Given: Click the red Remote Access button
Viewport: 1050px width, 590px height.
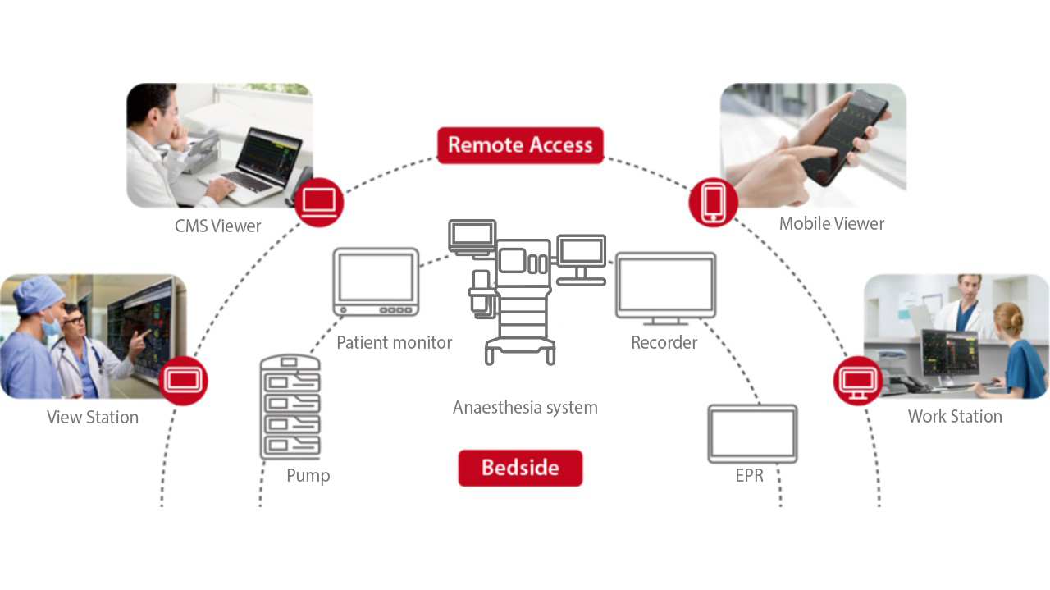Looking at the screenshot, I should [x=520, y=145].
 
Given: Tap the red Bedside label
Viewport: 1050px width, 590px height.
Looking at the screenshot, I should [x=520, y=468].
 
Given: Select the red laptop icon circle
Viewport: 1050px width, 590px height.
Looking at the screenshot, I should [x=318, y=202].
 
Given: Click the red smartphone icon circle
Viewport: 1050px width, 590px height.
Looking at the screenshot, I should [x=713, y=202].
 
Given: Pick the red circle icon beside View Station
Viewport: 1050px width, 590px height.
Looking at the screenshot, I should [x=183, y=380].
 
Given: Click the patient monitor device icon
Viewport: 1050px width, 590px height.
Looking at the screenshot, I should [x=376, y=281].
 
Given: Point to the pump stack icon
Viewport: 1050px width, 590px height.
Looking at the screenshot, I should [x=290, y=406].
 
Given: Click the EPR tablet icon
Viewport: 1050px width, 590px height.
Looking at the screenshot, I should [x=752, y=433].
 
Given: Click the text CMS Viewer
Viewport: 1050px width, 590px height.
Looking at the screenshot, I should [x=217, y=226].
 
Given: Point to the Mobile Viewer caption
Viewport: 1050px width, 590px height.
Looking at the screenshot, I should [x=831, y=223].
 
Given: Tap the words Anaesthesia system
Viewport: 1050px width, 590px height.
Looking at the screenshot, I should [x=525, y=407].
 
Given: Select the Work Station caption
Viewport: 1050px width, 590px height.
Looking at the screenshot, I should [x=955, y=416].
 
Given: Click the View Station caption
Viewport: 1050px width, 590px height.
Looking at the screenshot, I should [x=93, y=417].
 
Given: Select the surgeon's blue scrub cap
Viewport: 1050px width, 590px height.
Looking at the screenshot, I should [x=39, y=293].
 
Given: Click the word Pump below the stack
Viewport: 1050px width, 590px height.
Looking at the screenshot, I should [x=308, y=475].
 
